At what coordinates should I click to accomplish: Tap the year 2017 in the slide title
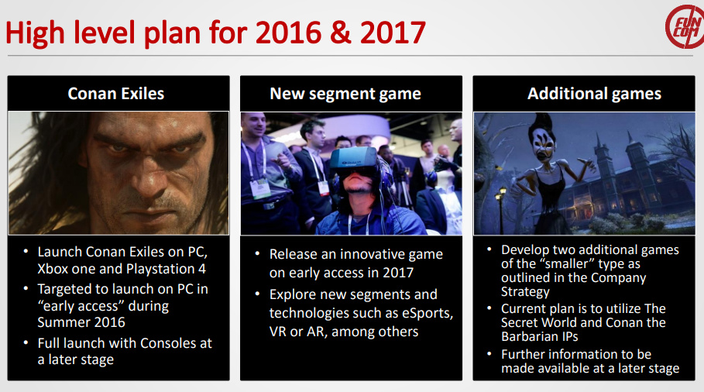click(393, 33)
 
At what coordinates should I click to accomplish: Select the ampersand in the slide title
click(341, 33)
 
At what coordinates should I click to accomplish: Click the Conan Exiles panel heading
click(116, 94)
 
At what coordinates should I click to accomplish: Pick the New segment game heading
click(345, 94)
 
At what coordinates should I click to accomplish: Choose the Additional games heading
click(594, 94)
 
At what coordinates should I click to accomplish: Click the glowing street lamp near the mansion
click(500, 194)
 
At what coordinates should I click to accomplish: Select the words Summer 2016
click(81, 322)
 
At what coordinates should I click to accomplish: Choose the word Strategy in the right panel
click(525, 292)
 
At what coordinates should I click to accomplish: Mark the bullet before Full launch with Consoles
click(26, 342)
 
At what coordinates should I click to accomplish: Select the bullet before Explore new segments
click(257, 294)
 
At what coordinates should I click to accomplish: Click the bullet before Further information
click(489, 354)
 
